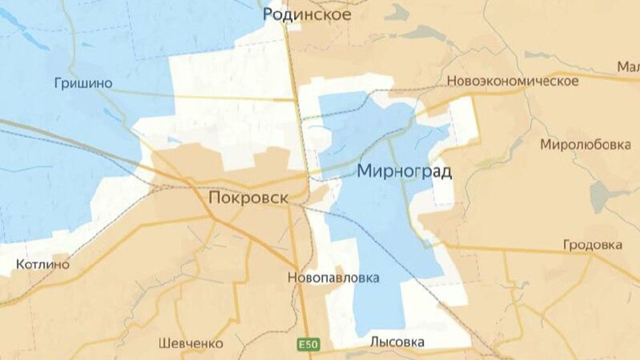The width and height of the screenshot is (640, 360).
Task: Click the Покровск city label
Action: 249,198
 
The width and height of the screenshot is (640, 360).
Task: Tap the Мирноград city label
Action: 404,171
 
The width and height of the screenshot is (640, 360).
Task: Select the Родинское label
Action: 307,14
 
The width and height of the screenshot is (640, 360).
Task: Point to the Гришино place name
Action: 83,83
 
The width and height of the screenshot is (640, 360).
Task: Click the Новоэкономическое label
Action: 513,81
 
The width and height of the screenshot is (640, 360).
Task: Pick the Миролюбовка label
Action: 585,144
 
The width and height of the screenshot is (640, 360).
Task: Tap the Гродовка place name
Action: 593,245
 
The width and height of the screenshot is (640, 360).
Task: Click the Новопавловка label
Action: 333,277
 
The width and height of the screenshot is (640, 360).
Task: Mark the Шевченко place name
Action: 191,343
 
